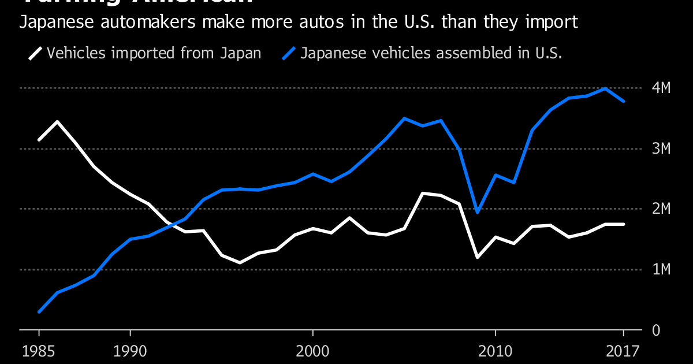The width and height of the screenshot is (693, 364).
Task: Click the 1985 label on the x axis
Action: pos(39,350)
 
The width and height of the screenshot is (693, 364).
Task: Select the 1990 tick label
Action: pos(130,350)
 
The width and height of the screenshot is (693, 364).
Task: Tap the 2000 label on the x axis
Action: pos(312,350)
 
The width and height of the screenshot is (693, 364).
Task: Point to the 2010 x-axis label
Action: pos(495,350)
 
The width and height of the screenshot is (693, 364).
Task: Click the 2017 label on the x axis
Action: pos(623,350)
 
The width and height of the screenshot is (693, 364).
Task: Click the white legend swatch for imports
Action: pos(35,54)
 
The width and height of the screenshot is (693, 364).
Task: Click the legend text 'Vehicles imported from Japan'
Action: pos(154,54)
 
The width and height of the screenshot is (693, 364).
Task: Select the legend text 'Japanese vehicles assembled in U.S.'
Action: pos(431,54)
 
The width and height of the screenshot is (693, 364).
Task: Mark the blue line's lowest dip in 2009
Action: pos(477,212)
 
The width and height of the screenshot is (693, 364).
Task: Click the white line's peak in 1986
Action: pos(57,122)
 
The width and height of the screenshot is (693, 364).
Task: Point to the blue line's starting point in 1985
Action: pos(39,311)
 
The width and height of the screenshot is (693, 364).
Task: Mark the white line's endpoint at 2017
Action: pos(623,224)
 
